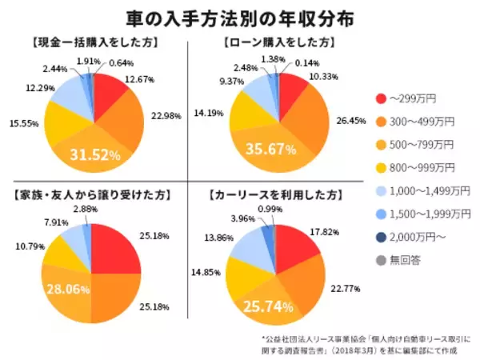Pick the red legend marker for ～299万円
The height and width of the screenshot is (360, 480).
(x=378, y=98)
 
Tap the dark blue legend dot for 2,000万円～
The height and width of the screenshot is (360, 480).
(x=378, y=237)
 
